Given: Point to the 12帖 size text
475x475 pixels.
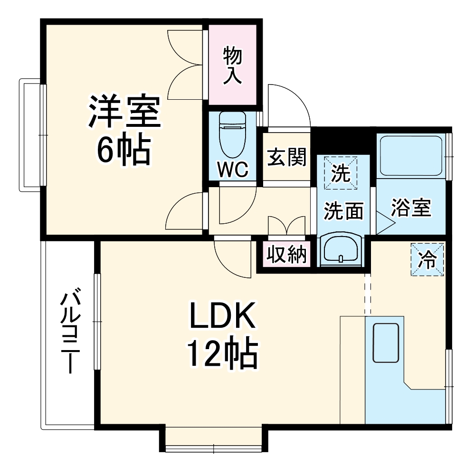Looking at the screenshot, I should click(x=223, y=354).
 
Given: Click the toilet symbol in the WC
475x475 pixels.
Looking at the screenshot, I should click(x=231, y=134).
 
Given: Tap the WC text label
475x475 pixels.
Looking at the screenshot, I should click(x=233, y=170).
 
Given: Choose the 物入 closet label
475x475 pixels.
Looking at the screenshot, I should click(x=233, y=66).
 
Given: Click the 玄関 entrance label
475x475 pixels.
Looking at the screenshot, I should click(x=286, y=158).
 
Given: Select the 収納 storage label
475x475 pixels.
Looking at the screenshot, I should click(x=286, y=256).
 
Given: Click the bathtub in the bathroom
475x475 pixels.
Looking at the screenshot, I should click(x=412, y=156).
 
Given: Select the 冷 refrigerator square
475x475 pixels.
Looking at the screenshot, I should click(x=427, y=259).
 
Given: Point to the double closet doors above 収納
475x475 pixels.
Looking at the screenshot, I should click(x=286, y=226).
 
